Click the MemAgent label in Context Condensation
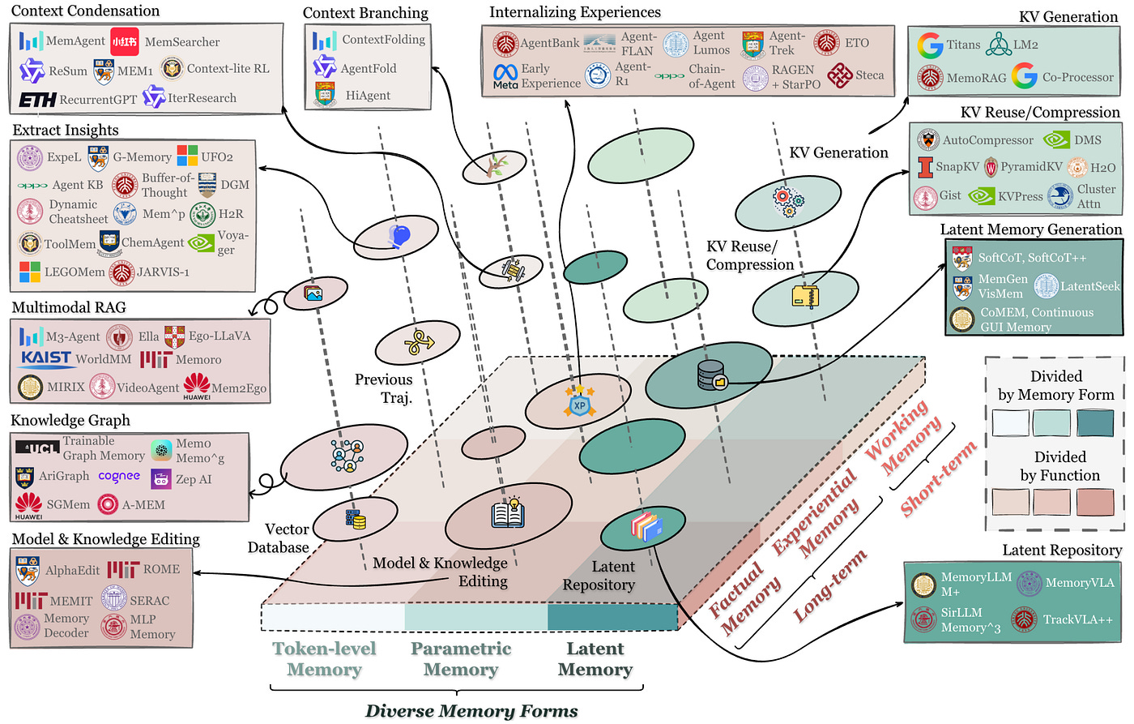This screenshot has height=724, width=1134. point(75,41)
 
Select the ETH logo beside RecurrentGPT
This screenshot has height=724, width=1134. point(37,100)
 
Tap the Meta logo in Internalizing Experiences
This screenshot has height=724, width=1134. point(505,75)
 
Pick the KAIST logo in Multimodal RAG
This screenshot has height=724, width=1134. point(45,358)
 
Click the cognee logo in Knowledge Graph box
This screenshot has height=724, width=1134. point(119,477)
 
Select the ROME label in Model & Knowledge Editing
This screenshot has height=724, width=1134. point(161,569)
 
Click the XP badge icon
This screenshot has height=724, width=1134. point(579,403)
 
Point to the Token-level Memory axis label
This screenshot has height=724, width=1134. point(324,659)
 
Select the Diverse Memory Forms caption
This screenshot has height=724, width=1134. point(471,711)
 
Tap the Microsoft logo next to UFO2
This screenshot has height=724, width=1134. point(187,156)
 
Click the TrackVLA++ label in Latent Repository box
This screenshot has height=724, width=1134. point(1077,619)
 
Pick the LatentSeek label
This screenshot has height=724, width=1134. point(1089,286)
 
